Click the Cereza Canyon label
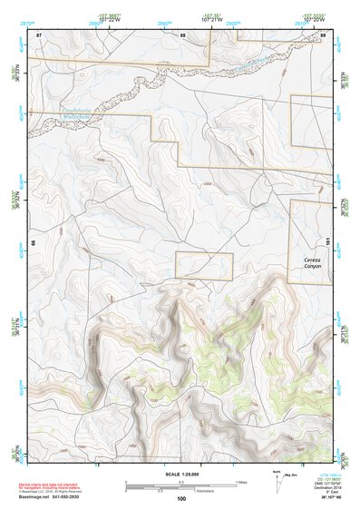point(311,263)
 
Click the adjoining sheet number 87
point(39,34)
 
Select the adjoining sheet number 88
point(182,34)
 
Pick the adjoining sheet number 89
point(322,34)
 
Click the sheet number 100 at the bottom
point(181,498)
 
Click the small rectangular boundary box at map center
point(204,266)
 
